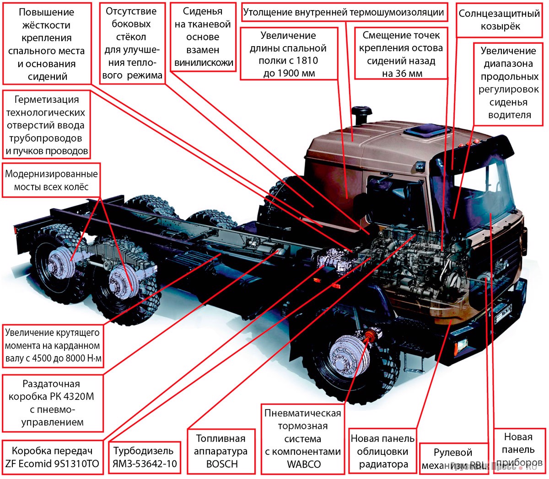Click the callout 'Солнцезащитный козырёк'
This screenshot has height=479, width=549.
tap(499, 20)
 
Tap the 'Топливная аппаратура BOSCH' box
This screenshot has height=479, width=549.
tap(221, 451)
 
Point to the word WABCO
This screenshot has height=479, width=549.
tap(303, 464)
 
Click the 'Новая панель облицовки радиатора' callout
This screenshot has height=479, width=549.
tap(382, 452)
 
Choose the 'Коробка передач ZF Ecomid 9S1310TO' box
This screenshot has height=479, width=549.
tap(52, 457)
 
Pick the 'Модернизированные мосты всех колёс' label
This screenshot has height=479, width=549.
tap(51, 180)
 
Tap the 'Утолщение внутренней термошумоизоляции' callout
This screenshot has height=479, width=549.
tap(343, 13)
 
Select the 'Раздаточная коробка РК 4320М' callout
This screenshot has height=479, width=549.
tap(51, 403)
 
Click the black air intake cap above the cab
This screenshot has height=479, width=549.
tap(361, 113)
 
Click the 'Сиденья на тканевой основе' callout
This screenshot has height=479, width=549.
tap(203, 37)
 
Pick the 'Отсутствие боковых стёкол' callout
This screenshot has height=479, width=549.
tap(131, 43)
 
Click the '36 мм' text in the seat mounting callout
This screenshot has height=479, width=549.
tap(402, 73)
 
